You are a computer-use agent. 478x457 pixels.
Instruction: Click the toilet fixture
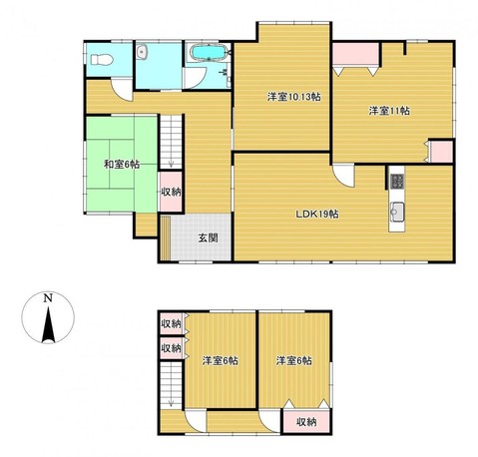(102, 60)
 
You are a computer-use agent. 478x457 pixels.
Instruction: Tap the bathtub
(209, 53)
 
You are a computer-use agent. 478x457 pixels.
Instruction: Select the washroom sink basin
(142, 52)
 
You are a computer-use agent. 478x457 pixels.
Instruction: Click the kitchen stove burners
(396, 182)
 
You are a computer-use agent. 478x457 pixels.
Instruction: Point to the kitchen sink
(397, 212)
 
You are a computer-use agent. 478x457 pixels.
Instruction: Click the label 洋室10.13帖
(293, 97)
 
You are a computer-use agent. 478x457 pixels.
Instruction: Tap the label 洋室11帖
(388, 111)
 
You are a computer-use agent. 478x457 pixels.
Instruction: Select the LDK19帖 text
(317, 215)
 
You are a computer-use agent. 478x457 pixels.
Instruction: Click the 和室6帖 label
(122, 164)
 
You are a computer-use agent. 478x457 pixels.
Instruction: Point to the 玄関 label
(208, 237)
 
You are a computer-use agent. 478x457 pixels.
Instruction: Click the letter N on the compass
(49, 298)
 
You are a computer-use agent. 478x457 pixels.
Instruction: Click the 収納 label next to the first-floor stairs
(171, 192)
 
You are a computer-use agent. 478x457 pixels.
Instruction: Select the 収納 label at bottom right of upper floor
(306, 422)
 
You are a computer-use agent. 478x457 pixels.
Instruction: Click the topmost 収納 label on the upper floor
(171, 323)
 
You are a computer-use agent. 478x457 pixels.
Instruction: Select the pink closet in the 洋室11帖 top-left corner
(356, 54)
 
